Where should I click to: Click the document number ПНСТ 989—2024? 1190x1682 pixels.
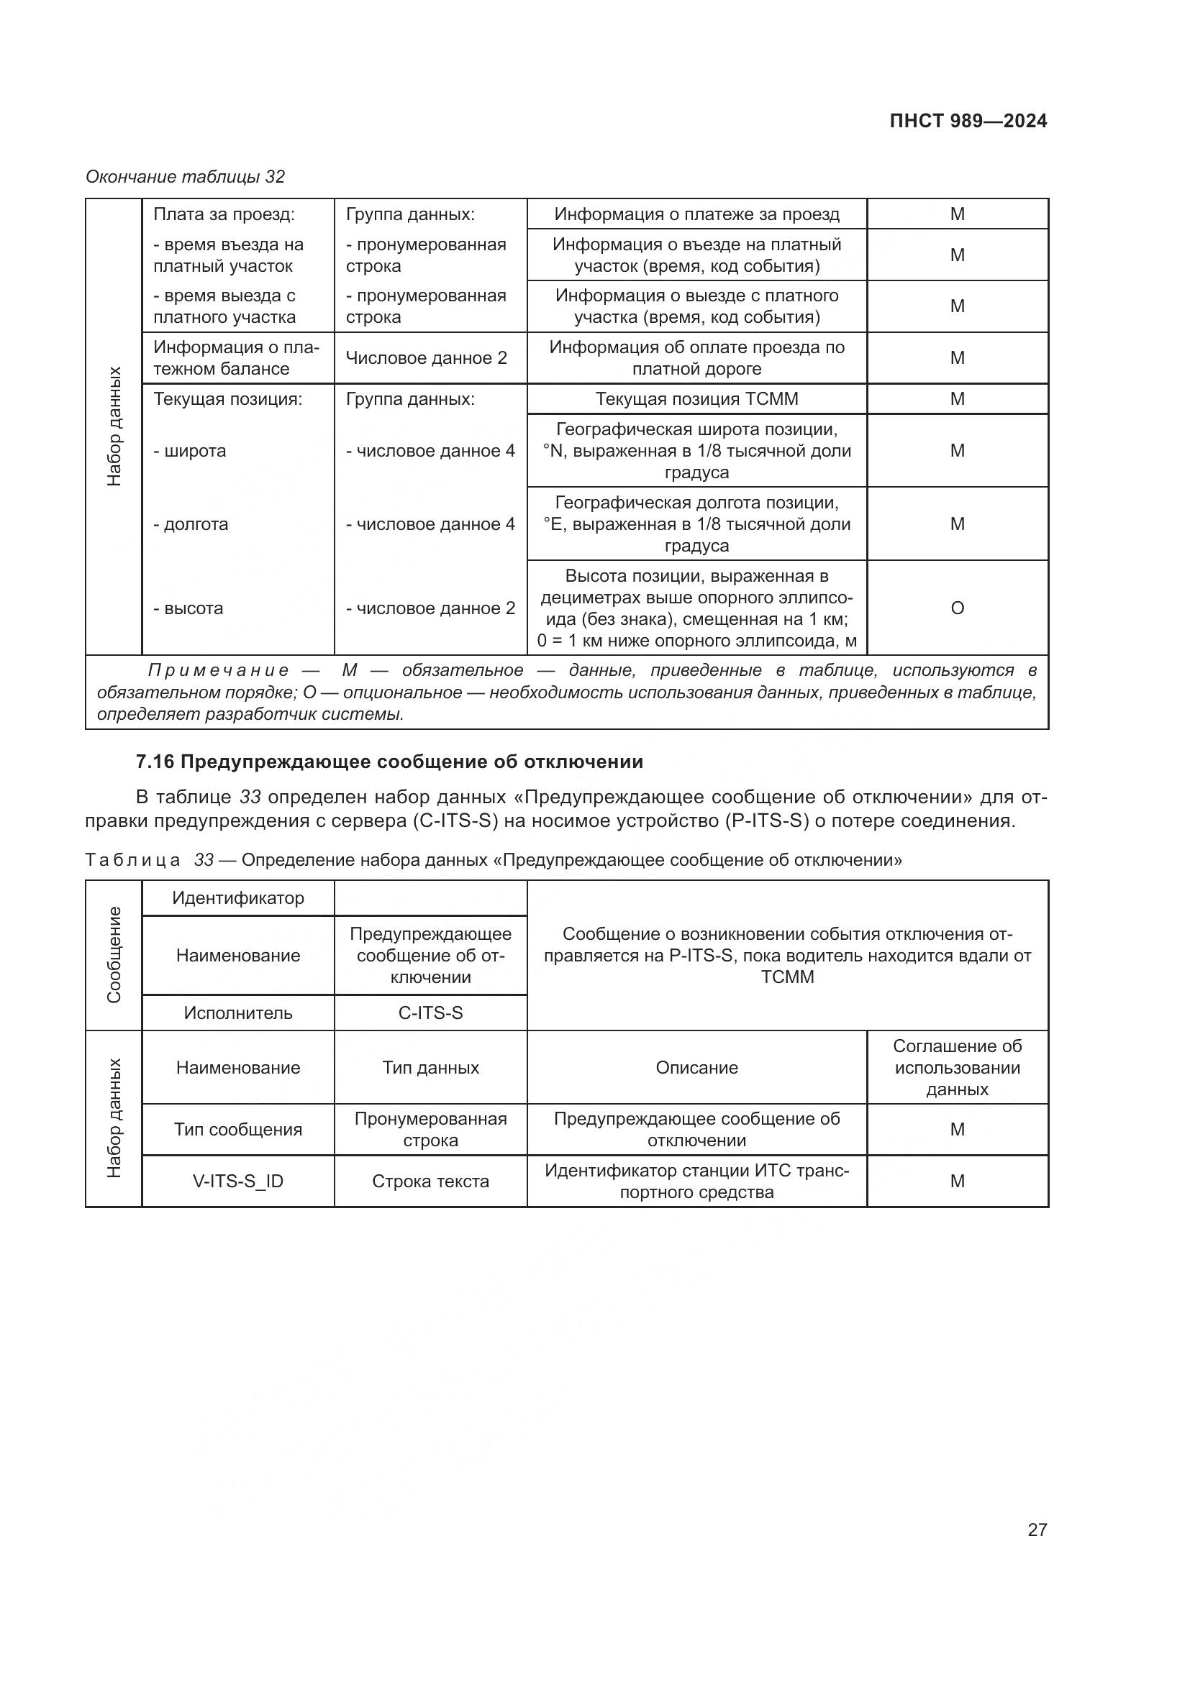click(x=968, y=122)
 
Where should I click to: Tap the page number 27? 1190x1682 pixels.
click(x=1037, y=1530)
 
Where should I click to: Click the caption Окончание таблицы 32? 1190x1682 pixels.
click(x=186, y=177)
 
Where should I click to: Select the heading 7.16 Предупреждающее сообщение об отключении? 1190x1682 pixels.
click(x=389, y=762)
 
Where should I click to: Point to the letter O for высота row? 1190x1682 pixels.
click(x=957, y=608)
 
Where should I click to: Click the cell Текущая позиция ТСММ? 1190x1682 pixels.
click(x=696, y=399)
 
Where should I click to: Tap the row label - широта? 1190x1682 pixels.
click(x=190, y=452)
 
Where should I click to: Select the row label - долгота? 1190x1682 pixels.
click(x=191, y=524)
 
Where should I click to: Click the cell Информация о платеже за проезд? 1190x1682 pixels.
click(x=696, y=214)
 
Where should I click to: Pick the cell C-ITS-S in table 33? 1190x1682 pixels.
click(x=430, y=1013)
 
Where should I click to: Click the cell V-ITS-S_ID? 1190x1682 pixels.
click(x=238, y=1181)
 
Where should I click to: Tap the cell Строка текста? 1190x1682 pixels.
click(x=430, y=1181)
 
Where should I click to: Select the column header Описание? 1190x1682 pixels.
click(x=696, y=1067)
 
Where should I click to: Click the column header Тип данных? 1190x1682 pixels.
click(x=430, y=1067)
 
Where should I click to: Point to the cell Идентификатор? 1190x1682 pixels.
click(x=238, y=898)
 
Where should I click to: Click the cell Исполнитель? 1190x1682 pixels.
click(x=238, y=1013)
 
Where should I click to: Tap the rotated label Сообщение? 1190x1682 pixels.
click(x=114, y=954)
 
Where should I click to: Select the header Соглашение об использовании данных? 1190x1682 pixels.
click(x=957, y=1067)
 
